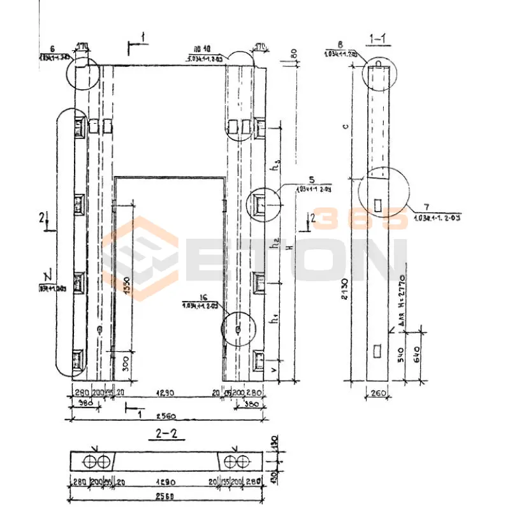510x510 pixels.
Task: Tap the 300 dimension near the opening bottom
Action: tap(126, 364)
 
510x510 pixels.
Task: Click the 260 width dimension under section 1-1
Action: tap(379, 394)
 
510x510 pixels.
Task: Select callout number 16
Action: tap(186, 297)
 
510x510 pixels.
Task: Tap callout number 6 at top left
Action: tap(52, 49)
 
